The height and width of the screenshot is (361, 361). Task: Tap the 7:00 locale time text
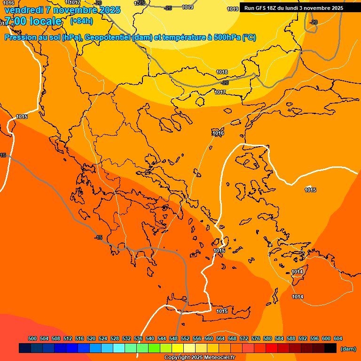tap(33, 21)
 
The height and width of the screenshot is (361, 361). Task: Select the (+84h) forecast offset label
tap(81, 21)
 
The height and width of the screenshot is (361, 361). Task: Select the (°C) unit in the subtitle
tap(249, 38)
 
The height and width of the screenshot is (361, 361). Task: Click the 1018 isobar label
tap(222, 72)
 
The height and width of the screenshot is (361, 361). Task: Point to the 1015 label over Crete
tap(222, 311)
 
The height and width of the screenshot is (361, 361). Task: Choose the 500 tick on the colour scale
tap(32, 338)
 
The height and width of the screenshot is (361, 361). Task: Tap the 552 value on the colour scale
tap(185, 338)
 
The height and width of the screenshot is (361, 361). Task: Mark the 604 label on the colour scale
tap(338, 338)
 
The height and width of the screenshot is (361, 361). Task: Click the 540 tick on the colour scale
tap(150, 338)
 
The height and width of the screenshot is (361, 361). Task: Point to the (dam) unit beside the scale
tap(348, 349)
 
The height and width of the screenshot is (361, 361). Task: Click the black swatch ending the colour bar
tap(330, 348)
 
